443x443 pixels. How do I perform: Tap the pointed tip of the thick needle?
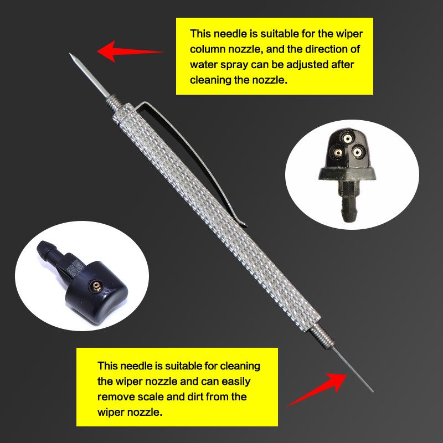[x=70, y=54]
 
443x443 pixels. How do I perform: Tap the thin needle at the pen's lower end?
[x=353, y=369]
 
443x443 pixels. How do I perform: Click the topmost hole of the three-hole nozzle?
[x=347, y=138]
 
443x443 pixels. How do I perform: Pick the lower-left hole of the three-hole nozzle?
[x=338, y=153]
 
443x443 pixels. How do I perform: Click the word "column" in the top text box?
[x=207, y=49]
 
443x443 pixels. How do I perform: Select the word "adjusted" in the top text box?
[x=306, y=65]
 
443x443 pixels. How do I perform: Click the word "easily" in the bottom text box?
[x=236, y=382]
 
